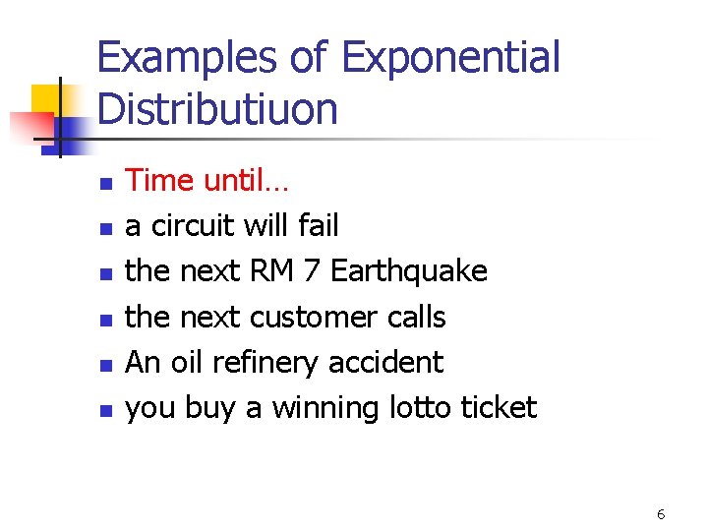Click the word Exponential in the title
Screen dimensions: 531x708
click(x=450, y=58)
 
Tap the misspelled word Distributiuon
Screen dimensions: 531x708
click(x=218, y=108)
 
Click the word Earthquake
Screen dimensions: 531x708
click(x=409, y=270)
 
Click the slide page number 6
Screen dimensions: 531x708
click(x=661, y=513)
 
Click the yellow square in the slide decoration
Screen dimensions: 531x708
click(x=46, y=99)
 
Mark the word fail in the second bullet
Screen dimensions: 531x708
click(x=317, y=226)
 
